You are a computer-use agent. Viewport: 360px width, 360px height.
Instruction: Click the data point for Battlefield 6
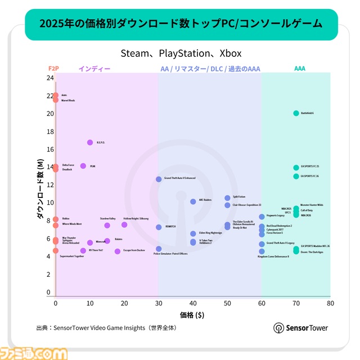(296, 113)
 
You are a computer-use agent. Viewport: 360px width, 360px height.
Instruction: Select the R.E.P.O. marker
(90, 142)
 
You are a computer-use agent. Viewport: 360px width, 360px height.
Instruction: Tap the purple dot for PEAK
(83, 166)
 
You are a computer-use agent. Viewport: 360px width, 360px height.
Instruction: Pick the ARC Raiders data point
(193, 201)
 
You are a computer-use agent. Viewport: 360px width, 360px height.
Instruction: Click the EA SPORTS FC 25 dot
(296, 168)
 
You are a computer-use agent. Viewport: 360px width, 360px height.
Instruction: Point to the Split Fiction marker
(227, 198)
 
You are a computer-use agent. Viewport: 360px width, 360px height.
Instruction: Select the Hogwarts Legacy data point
(262, 217)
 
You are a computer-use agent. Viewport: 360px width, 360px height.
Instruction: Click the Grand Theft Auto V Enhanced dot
(159, 179)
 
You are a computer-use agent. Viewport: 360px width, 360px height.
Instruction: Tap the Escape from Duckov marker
(118, 251)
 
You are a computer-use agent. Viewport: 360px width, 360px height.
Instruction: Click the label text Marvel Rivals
(68, 100)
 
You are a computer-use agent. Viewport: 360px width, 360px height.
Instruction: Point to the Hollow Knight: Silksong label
(136, 218)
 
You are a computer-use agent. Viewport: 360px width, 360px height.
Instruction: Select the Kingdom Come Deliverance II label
(273, 256)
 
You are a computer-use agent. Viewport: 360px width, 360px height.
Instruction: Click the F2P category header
(54, 69)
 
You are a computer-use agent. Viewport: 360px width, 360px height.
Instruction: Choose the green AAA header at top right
(300, 69)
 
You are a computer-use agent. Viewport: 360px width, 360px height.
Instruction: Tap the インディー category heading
(94, 69)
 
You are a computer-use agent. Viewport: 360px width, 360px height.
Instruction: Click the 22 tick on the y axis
(49, 96)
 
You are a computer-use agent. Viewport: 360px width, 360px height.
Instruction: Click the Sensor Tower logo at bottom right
(300, 328)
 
